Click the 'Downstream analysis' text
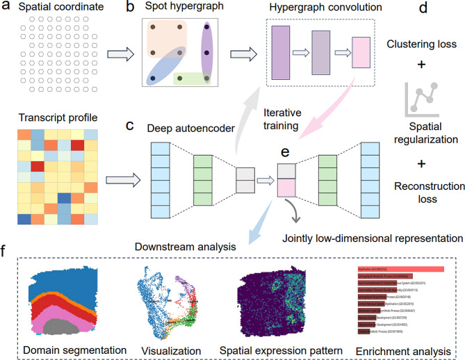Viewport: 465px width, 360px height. click(206, 245)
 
